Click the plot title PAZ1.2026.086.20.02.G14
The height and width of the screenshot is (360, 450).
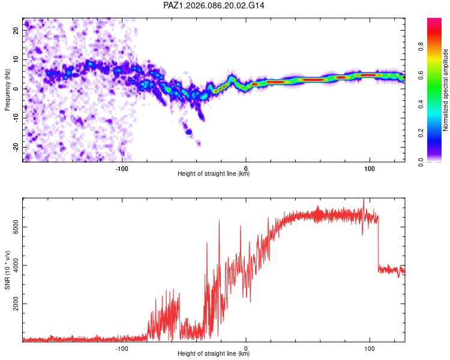(x=214, y=5)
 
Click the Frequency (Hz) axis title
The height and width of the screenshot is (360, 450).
(x=7, y=90)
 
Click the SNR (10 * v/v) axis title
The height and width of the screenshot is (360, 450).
(x=7, y=270)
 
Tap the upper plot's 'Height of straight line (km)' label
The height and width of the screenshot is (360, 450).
(x=214, y=174)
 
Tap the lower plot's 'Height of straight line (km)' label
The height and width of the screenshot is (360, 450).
(x=214, y=354)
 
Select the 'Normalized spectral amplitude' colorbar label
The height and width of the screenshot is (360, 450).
(x=446, y=90)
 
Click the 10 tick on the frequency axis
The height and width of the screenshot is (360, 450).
(x=16, y=59)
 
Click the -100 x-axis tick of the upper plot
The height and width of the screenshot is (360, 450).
(x=122, y=167)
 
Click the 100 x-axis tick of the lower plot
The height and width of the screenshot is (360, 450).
(x=370, y=347)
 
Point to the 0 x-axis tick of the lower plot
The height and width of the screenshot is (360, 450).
(x=246, y=347)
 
